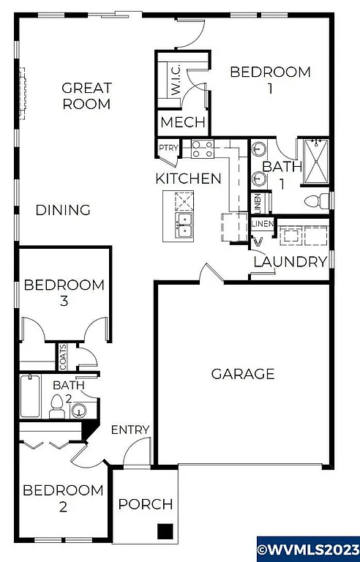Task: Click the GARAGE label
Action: [x=243, y=374]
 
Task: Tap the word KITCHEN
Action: [x=188, y=179]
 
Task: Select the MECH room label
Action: [x=183, y=122]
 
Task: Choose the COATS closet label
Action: [x=63, y=357]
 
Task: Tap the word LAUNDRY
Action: [x=290, y=262]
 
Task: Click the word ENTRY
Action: [x=130, y=430]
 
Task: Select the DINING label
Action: [x=63, y=211]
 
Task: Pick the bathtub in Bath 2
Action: [x=31, y=397]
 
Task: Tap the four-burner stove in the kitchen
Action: [x=202, y=149]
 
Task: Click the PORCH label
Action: [x=146, y=504]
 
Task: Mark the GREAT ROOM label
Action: [x=86, y=96]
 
